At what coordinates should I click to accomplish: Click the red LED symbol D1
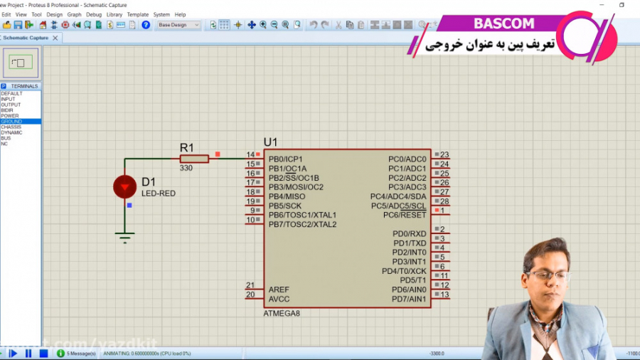[x=124, y=187]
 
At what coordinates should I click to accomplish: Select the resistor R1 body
[x=194, y=159]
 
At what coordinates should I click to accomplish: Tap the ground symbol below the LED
[x=125, y=238]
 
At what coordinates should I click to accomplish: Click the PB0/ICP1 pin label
[x=285, y=159]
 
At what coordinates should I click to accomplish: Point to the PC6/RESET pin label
[x=405, y=215]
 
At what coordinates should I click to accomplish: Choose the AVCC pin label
[x=279, y=299]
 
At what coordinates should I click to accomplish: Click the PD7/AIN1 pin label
[x=409, y=299]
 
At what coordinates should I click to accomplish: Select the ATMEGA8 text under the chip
[x=282, y=313]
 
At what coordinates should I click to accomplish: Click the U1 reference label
[x=271, y=142]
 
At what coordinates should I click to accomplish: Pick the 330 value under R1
[x=186, y=169]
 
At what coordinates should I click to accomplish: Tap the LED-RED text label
[x=158, y=194]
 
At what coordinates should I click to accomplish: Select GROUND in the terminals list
[x=11, y=122]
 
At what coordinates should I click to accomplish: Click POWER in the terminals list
[x=10, y=116]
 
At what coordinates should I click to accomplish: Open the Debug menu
[x=94, y=14]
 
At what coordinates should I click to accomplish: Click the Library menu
[x=114, y=14]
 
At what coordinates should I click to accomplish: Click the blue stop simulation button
[x=43, y=353]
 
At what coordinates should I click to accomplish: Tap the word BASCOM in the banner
[x=503, y=23]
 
